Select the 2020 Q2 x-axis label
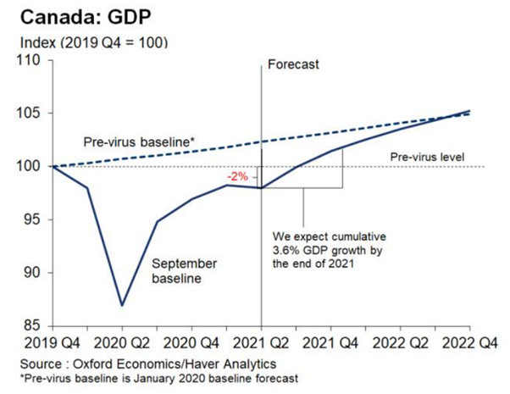pyautogui.click(x=122, y=344)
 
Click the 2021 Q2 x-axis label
pyautogui.click(x=261, y=344)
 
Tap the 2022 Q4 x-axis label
pyautogui.click(x=470, y=344)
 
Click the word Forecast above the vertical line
pyautogui.click(x=292, y=64)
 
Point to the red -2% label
pyautogui.click(x=237, y=177)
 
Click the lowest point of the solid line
pyautogui.click(x=121, y=305)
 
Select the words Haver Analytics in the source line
pyautogui.click(x=198, y=363)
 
